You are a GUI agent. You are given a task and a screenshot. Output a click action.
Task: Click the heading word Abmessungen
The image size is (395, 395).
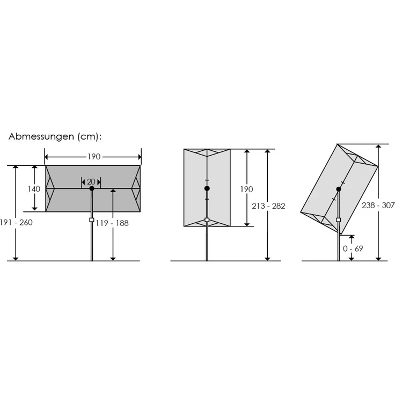pos(41,136)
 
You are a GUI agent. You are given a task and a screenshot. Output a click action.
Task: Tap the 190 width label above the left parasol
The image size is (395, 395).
pos(94,157)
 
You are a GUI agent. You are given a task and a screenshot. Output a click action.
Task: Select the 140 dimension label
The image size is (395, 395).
pos(34,189)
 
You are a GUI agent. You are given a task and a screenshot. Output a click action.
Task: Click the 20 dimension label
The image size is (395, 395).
pos(91,182)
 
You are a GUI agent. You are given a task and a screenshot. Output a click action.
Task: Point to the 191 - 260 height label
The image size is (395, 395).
pos(17,222)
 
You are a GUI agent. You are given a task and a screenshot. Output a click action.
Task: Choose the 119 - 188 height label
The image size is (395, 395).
pos(112,223)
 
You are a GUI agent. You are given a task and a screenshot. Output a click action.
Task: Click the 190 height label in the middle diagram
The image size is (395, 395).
pos(246,189)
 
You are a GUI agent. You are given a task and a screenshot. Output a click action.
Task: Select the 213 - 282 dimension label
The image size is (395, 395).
pos(268,206)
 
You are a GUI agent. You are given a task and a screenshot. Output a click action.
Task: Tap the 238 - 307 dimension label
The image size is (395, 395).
pos(378,206)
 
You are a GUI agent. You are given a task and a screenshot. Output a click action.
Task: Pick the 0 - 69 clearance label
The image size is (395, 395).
pos(353,248)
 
